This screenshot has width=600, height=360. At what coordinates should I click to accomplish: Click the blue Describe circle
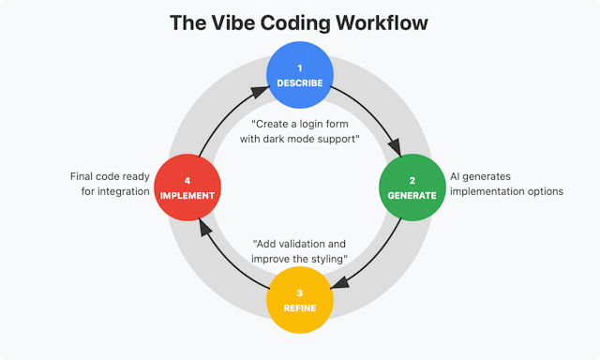(x=300, y=74)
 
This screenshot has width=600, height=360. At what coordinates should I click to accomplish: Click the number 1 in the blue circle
(x=300, y=67)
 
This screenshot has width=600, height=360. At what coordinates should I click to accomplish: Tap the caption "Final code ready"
(x=111, y=175)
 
